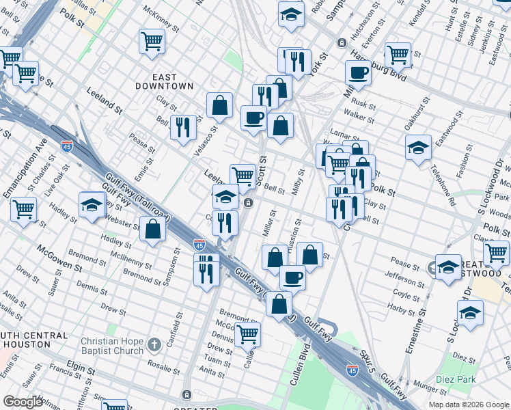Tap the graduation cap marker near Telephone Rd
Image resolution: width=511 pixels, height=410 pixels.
tap(418, 148)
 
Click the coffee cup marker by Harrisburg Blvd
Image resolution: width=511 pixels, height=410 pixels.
tap(358, 72)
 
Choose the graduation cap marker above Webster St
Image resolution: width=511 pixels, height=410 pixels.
tap(92, 205)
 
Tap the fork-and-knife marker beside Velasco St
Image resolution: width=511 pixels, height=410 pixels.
tap(183, 127)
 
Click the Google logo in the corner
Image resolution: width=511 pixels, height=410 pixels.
tap(23, 402)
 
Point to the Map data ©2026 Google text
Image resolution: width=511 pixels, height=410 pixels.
tap(469, 405)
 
